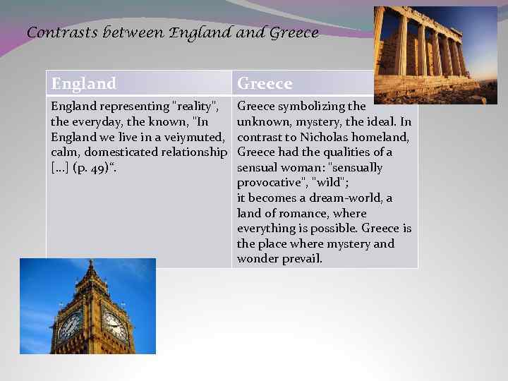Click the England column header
(x=83, y=84)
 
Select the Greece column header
(x=265, y=84)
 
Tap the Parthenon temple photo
(x=435, y=55)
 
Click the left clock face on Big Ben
(x=71, y=326)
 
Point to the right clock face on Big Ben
(x=114, y=326)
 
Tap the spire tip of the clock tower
(x=90, y=262)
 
